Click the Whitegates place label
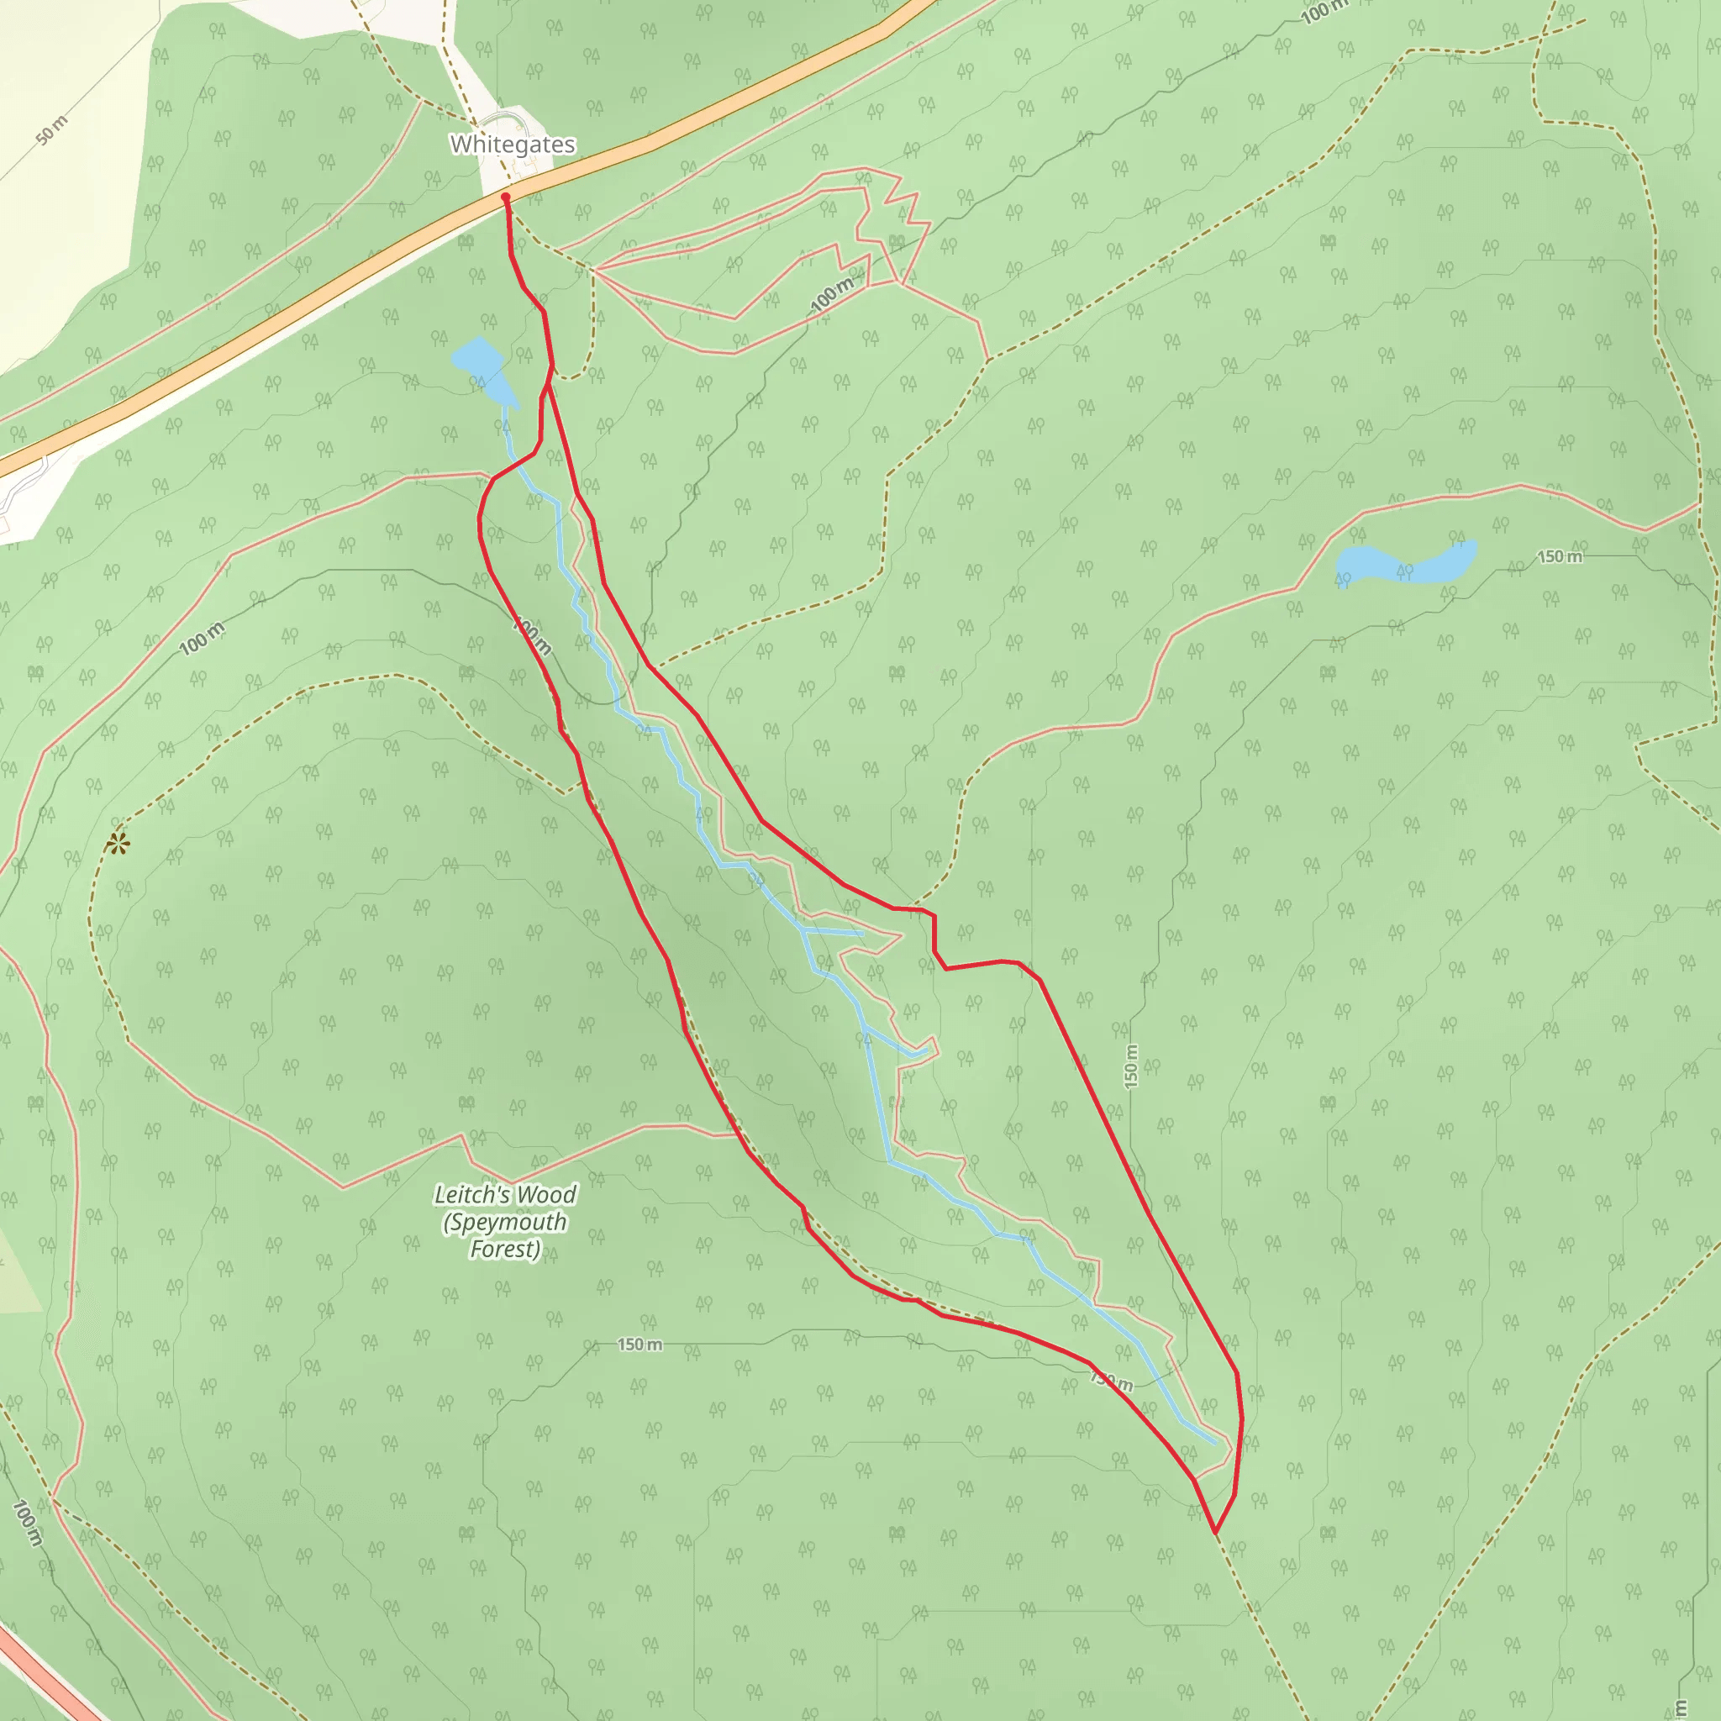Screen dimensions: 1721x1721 click(513, 145)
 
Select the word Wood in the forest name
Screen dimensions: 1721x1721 click(546, 1196)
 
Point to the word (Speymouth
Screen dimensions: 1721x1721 click(504, 1222)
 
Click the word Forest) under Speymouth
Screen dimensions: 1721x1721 click(504, 1250)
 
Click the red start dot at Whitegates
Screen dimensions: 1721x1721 click(505, 197)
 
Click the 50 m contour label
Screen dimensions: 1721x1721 click(53, 131)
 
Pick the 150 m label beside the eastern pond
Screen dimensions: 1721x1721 click(1560, 557)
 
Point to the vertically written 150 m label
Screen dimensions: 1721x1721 click(1130, 1066)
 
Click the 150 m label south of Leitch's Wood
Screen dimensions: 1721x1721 click(639, 1345)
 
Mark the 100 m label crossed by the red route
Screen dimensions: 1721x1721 click(533, 637)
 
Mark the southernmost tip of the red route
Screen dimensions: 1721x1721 click(1215, 1532)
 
